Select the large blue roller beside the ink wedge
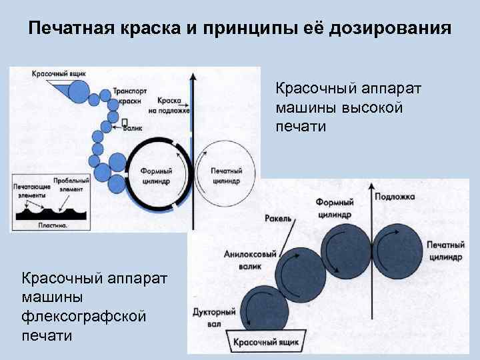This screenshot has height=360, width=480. [x=80, y=91]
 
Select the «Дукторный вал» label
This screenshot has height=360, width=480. [x=213, y=317]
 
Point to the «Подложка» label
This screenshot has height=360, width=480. [x=395, y=197]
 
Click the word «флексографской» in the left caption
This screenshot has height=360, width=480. [x=84, y=315]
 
